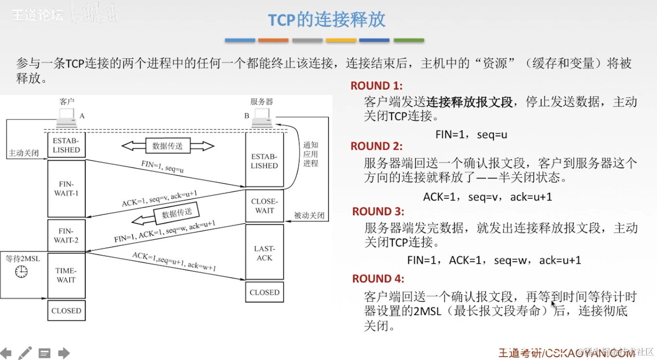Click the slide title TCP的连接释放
pos(327,19)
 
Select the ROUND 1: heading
pos(376,86)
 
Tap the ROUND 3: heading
pos(378,211)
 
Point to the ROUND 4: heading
pos(378,279)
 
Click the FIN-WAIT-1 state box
pos(66,189)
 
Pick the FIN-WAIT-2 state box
pos(66,236)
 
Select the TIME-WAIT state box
pos(66,275)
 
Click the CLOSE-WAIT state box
pos(264,206)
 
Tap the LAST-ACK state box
pos(264,253)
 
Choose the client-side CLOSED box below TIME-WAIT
pos(66,311)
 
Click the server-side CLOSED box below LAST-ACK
pos(264,292)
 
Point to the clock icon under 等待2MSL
pos(21,272)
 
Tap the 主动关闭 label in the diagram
pos(23,153)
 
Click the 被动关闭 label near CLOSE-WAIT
pos(309,215)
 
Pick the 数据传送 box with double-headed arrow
pos(168,146)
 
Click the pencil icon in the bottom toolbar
pos(25,353)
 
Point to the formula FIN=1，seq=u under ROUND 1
pos(471,135)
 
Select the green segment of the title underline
pos(408,40)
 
